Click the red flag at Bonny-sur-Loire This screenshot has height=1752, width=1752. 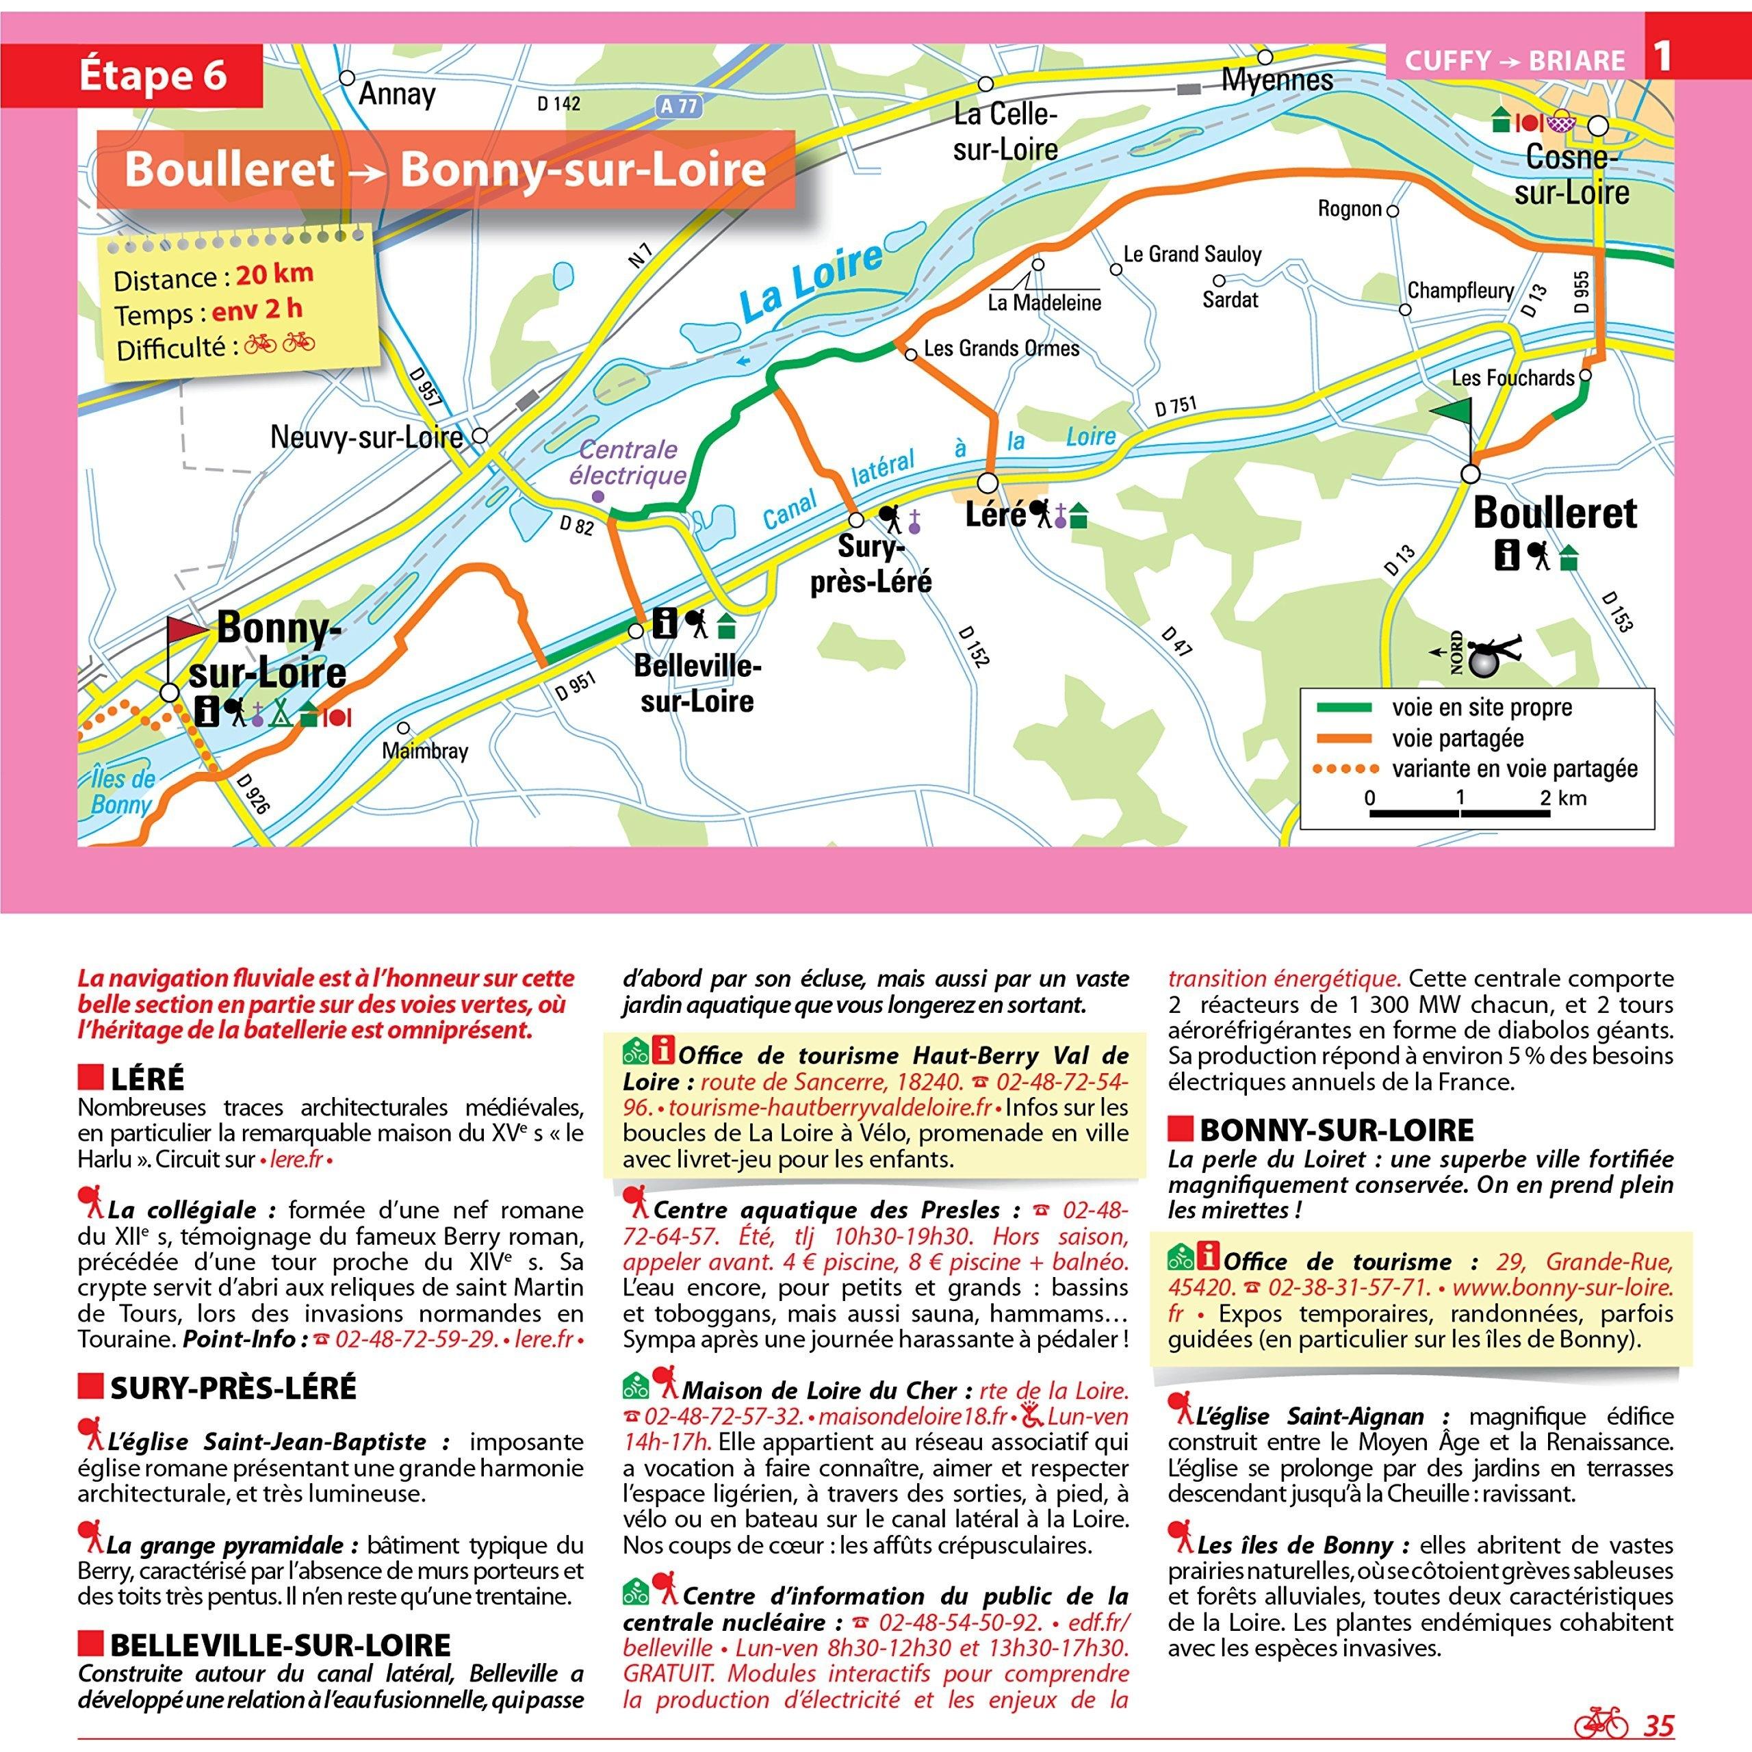[x=187, y=630]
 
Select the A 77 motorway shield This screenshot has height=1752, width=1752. [x=678, y=106]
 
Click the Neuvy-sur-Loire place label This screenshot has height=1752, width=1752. [x=366, y=438]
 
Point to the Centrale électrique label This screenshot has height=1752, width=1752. [x=628, y=463]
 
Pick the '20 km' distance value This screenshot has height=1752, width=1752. [x=274, y=273]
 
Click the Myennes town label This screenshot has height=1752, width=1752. [x=1277, y=81]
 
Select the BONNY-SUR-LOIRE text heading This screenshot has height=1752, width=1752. [x=1337, y=1130]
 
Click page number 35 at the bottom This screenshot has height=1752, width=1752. [x=1659, y=1726]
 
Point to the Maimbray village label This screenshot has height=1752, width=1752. [x=424, y=751]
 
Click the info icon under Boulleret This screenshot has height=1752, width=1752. [x=1507, y=555]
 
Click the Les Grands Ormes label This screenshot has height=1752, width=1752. [x=1001, y=349]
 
